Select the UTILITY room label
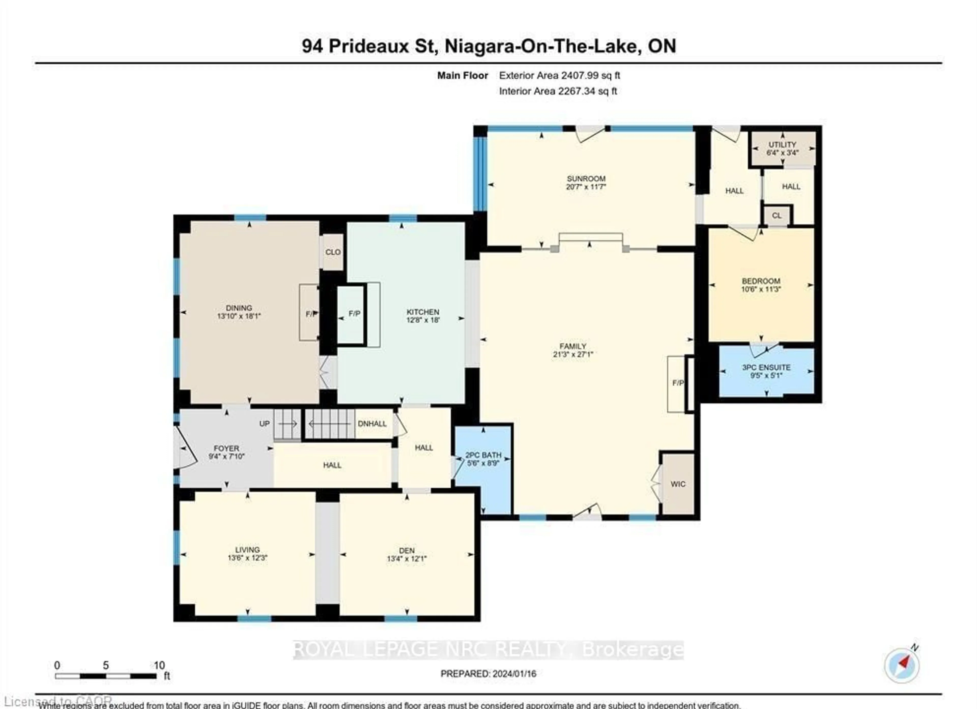pos(782,145)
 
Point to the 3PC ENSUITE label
pos(766,367)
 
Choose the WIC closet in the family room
pos(678,484)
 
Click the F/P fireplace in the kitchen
pos(354,314)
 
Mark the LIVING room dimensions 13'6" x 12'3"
pos(248,558)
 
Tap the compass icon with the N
pos(902,665)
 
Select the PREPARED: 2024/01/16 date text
pos(488,674)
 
